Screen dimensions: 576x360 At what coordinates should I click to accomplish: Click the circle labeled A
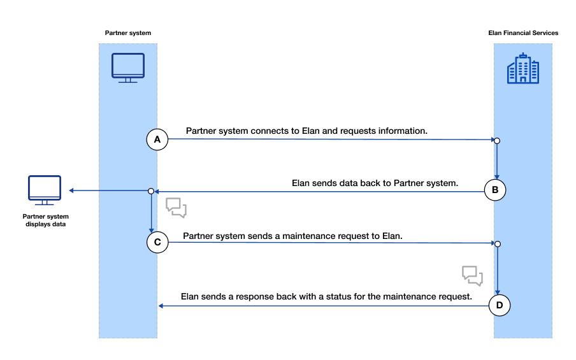[x=157, y=140]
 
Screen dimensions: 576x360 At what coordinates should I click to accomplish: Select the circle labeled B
[x=495, y=190]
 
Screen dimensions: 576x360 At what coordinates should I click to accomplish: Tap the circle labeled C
[x=157, y=242]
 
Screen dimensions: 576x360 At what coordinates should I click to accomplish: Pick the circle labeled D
[x=500, y=305]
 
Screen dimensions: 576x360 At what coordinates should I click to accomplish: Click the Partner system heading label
[x=128, y=33]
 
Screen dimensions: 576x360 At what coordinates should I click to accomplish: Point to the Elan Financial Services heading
[x=523, y=33]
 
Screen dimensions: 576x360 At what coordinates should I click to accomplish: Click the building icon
[x=523, y=68]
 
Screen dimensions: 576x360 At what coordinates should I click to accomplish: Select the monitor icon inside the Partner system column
[x=128, y=68]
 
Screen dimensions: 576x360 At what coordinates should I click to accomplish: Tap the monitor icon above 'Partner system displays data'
[x=45, y=190]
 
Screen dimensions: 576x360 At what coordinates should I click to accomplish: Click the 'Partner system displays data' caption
[x=45, y=220]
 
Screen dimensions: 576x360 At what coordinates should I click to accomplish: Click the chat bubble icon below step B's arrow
[x=176, y=208]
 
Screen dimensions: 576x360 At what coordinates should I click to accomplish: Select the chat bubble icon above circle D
[x=472, y=275]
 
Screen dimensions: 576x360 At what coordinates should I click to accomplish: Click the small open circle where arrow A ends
[x=497, y=141]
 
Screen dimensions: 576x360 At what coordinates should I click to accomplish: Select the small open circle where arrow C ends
[x=498, y=244]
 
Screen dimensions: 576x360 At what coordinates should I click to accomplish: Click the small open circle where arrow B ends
[x=151, y=191]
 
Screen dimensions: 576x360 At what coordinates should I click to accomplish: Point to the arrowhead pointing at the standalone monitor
[x=71, y=191]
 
